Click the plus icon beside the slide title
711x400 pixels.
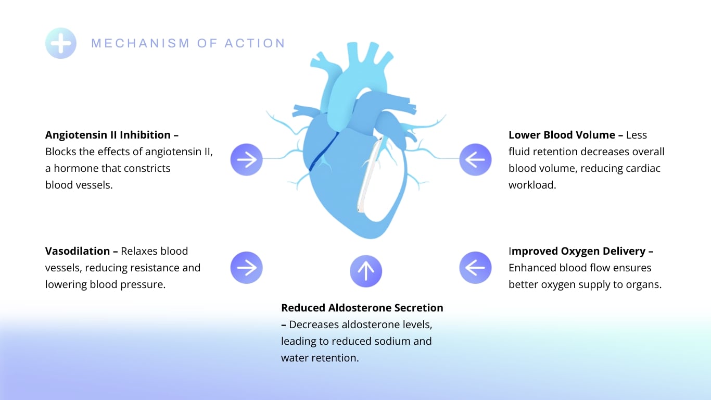click(x=60, y=43)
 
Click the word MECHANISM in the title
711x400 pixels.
click(x=141, y=43)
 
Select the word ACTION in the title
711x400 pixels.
click(x=255, y=43)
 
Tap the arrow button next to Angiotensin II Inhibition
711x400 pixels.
click(x=247, y=159)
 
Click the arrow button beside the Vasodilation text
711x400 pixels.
click(x=247, y=268)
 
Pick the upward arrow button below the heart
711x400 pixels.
click(x=366, y=271)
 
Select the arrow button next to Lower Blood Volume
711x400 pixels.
click(x=475, y=159)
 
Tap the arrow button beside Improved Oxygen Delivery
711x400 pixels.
click(x=475, y=268)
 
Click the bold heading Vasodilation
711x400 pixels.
click(x=78, y=251)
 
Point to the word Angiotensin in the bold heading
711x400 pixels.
click(x=76, y=135)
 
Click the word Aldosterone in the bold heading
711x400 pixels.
click(x=360, y=307)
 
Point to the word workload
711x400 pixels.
click(x=532, y=185)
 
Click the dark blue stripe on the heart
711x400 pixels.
click(x=324, y=152)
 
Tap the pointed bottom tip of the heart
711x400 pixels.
click(x=370, y=236)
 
